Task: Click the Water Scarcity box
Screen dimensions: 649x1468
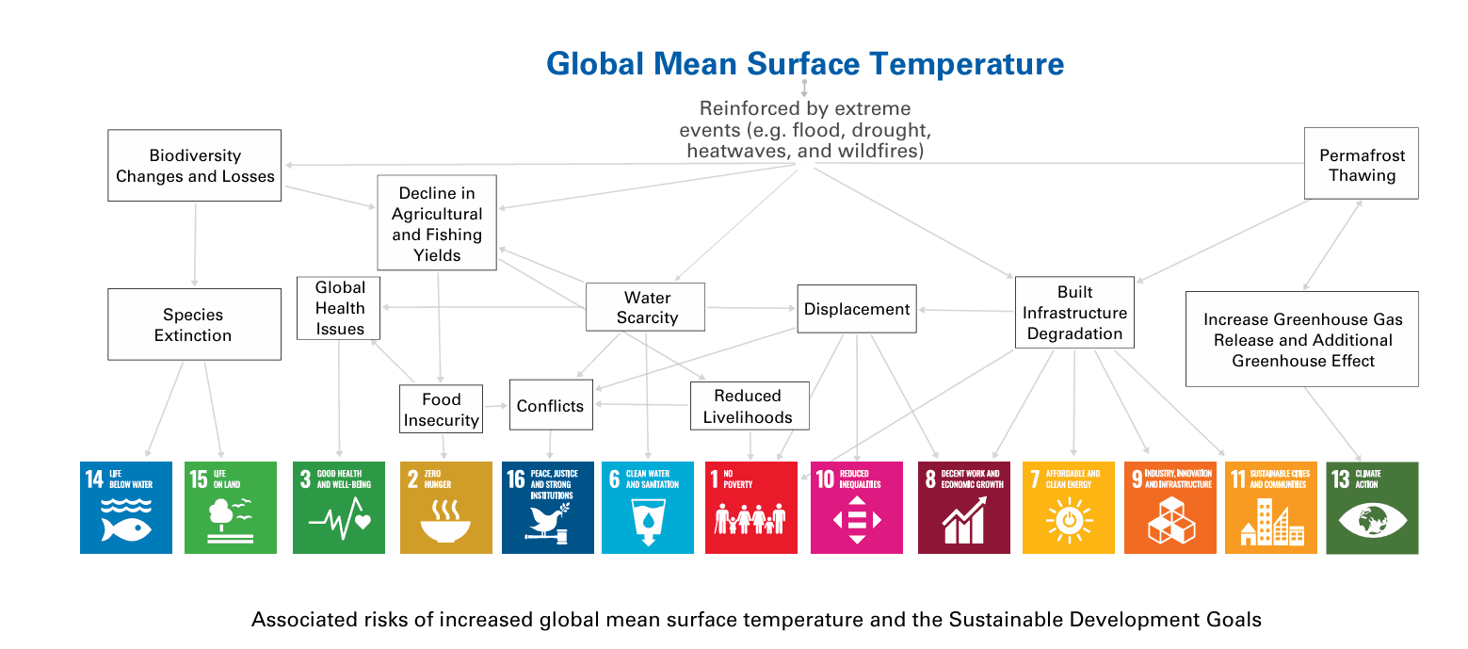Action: tap(646, 308)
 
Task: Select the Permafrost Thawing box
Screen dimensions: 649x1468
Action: tap(1361, 165)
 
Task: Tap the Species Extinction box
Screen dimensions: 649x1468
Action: tap(194, 325)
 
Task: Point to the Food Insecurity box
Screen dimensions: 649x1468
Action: tap(441, 410)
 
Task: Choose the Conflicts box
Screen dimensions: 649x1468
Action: tap(551, 406)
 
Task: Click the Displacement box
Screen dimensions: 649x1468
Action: tap(857, 309)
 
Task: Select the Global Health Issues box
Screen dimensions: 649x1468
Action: tap(340, 308)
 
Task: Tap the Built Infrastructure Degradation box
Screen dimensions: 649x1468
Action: tap(1074, 313)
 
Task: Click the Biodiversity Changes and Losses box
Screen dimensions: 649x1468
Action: tap(195, 166)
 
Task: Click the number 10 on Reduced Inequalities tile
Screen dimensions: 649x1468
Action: tap(825, 479)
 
